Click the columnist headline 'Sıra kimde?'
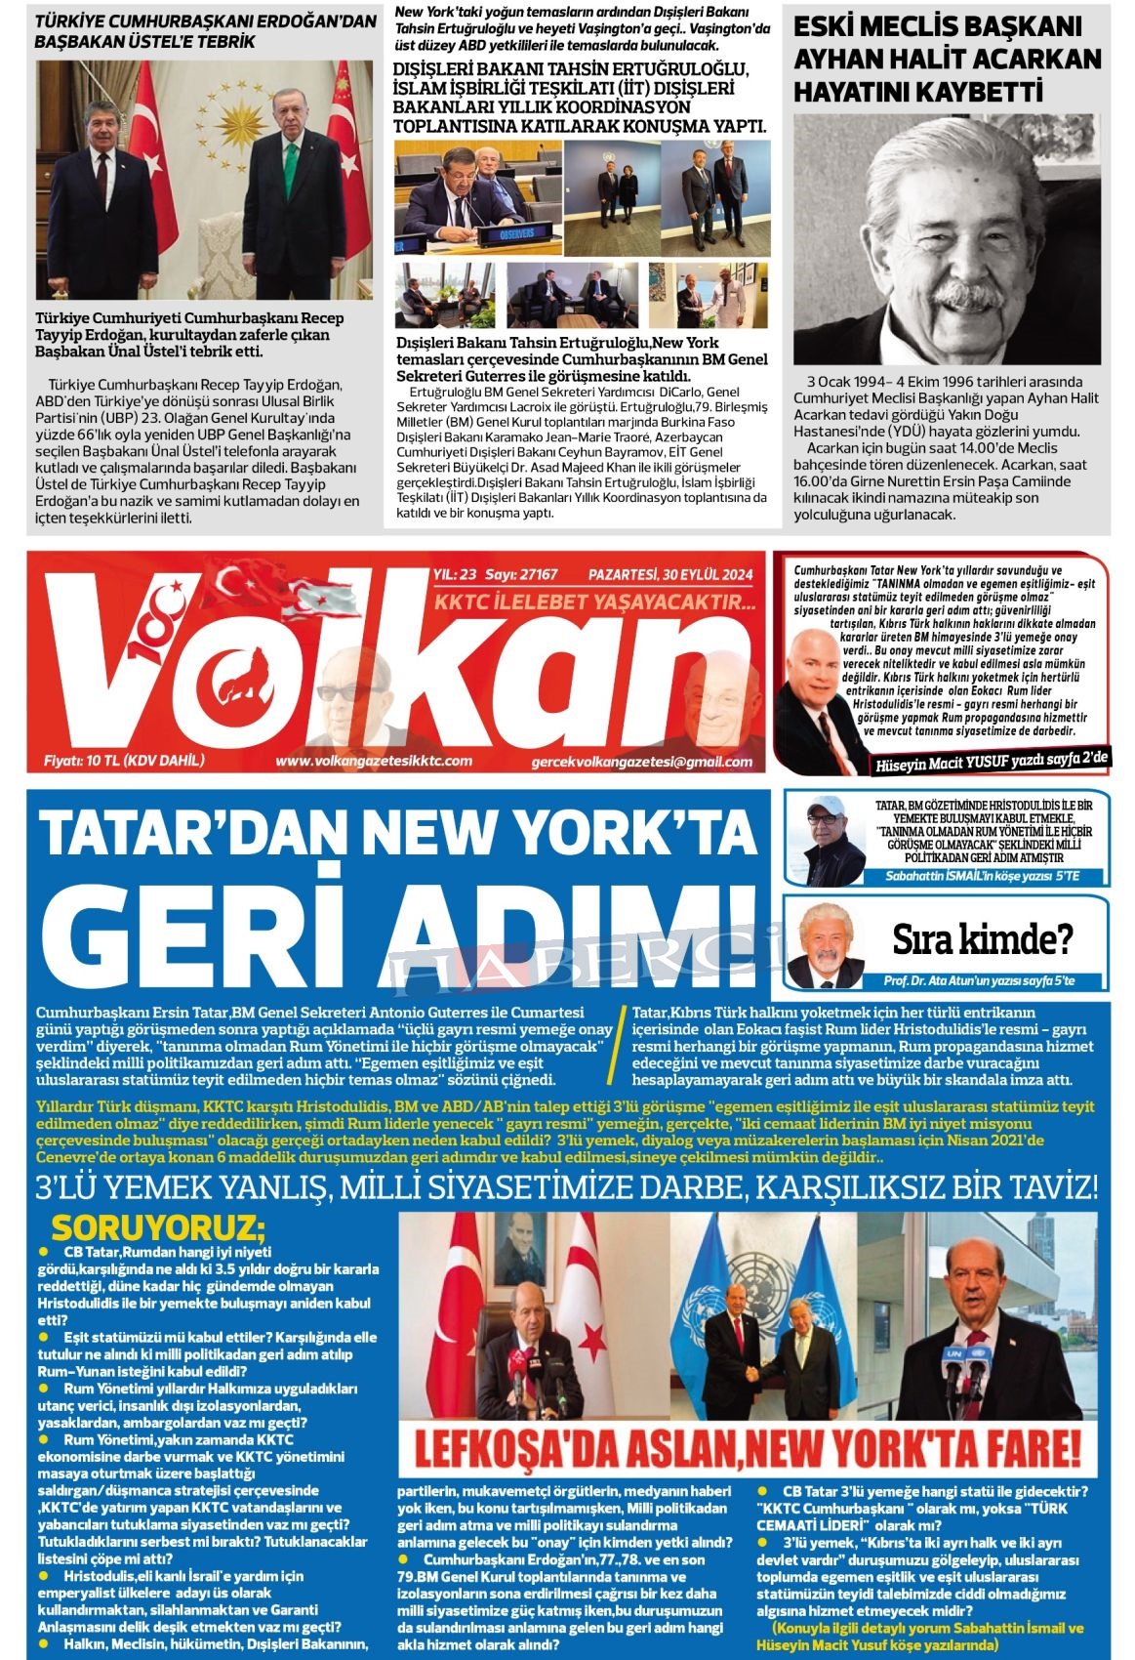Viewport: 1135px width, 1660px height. click(x=982, y=939)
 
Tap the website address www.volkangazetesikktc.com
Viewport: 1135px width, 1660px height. click(x=374, y=761)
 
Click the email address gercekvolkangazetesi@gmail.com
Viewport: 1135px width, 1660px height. click(x=642, y=762)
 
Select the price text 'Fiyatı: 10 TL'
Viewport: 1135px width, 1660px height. click(x=124, y=761)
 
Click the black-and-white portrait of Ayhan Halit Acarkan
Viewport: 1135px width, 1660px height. click(x=946, y=238)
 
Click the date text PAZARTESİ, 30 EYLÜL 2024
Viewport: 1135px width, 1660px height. click(x=669, y=574)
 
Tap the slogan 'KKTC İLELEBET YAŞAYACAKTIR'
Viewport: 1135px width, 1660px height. click(x=594, y=603)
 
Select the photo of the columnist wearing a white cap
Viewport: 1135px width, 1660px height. click(x=829, y=840)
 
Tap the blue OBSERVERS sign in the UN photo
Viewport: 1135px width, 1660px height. click(x=517, y=234)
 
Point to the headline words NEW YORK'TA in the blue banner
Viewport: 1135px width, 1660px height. click(x=564, y=833)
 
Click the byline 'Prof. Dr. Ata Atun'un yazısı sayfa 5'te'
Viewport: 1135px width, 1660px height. click(x=979, y=980)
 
